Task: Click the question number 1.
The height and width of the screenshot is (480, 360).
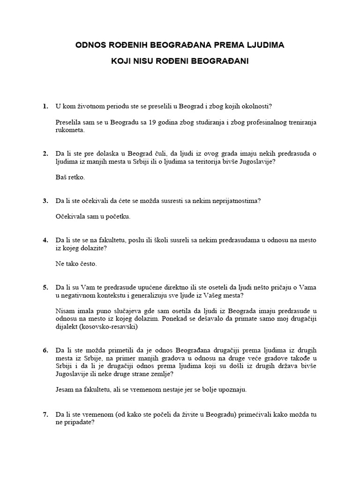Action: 45,106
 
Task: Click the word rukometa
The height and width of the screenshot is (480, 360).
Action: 70,130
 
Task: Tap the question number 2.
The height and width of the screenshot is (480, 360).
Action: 45,154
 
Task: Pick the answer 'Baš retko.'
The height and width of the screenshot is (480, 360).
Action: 70,178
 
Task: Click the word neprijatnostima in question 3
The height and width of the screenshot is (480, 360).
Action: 232,201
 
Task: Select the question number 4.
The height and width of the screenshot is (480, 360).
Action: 45,240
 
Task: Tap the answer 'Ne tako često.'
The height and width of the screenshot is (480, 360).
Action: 76,264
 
